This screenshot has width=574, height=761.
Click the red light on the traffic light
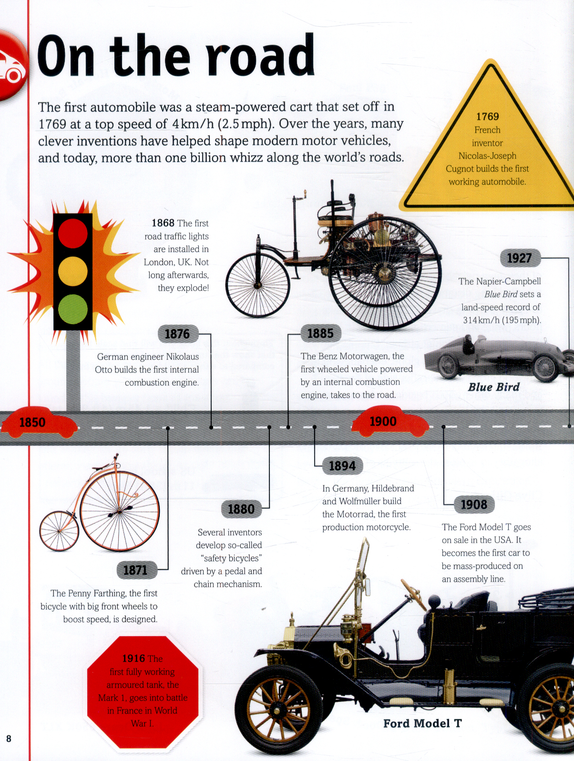click(73, 233)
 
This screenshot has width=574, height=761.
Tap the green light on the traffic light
click(73, 309)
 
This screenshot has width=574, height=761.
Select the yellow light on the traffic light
click(73, 271)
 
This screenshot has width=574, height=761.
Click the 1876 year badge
click(177, 334)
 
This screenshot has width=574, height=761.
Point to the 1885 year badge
click(320, 333)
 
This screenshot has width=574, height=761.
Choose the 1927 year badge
click(520, 258)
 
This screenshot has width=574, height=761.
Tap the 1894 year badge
click(342, 466)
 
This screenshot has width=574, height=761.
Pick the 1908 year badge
click(474, 504)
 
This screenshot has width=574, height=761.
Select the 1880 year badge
click(241, 509)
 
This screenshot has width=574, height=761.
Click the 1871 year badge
click(135, 570)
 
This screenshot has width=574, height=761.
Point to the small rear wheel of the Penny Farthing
click(59, 531)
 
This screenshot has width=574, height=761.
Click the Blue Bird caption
click(493, 387)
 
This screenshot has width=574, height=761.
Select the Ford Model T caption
click(422, 723)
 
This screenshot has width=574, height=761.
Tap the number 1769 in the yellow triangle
click(487, 117)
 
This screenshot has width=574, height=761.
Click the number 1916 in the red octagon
click(133, 658)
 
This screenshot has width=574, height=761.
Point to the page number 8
click(9, 739)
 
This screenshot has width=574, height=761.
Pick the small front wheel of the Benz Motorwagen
click(257, 285)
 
